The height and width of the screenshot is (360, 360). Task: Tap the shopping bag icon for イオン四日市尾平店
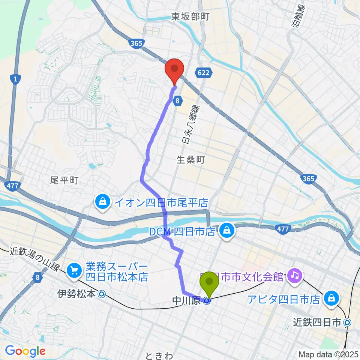[102, 203]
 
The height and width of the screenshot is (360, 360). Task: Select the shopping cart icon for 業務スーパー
[73, 270]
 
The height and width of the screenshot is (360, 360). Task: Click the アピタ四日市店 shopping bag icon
[331, 299]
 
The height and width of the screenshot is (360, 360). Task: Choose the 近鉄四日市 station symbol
[347, 322]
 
